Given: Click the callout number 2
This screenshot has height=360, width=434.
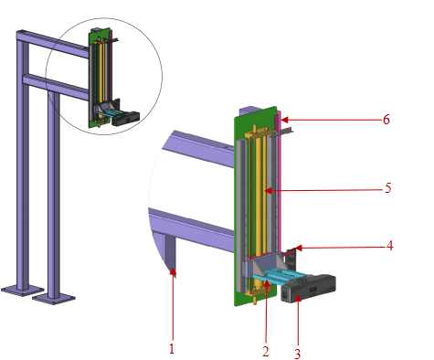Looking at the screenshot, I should click(265, 350).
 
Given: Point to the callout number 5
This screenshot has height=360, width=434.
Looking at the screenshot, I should click(388, 189).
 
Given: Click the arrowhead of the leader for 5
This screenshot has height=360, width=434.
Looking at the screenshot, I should click(265, 191).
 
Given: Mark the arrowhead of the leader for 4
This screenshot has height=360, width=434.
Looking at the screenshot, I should click(291, 247).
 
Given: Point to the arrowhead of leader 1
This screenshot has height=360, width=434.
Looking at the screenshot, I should click(170, 270).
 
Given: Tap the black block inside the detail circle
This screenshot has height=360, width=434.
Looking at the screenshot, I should click(127, 116).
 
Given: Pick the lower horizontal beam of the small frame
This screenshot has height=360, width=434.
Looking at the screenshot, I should click(55, 85).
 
